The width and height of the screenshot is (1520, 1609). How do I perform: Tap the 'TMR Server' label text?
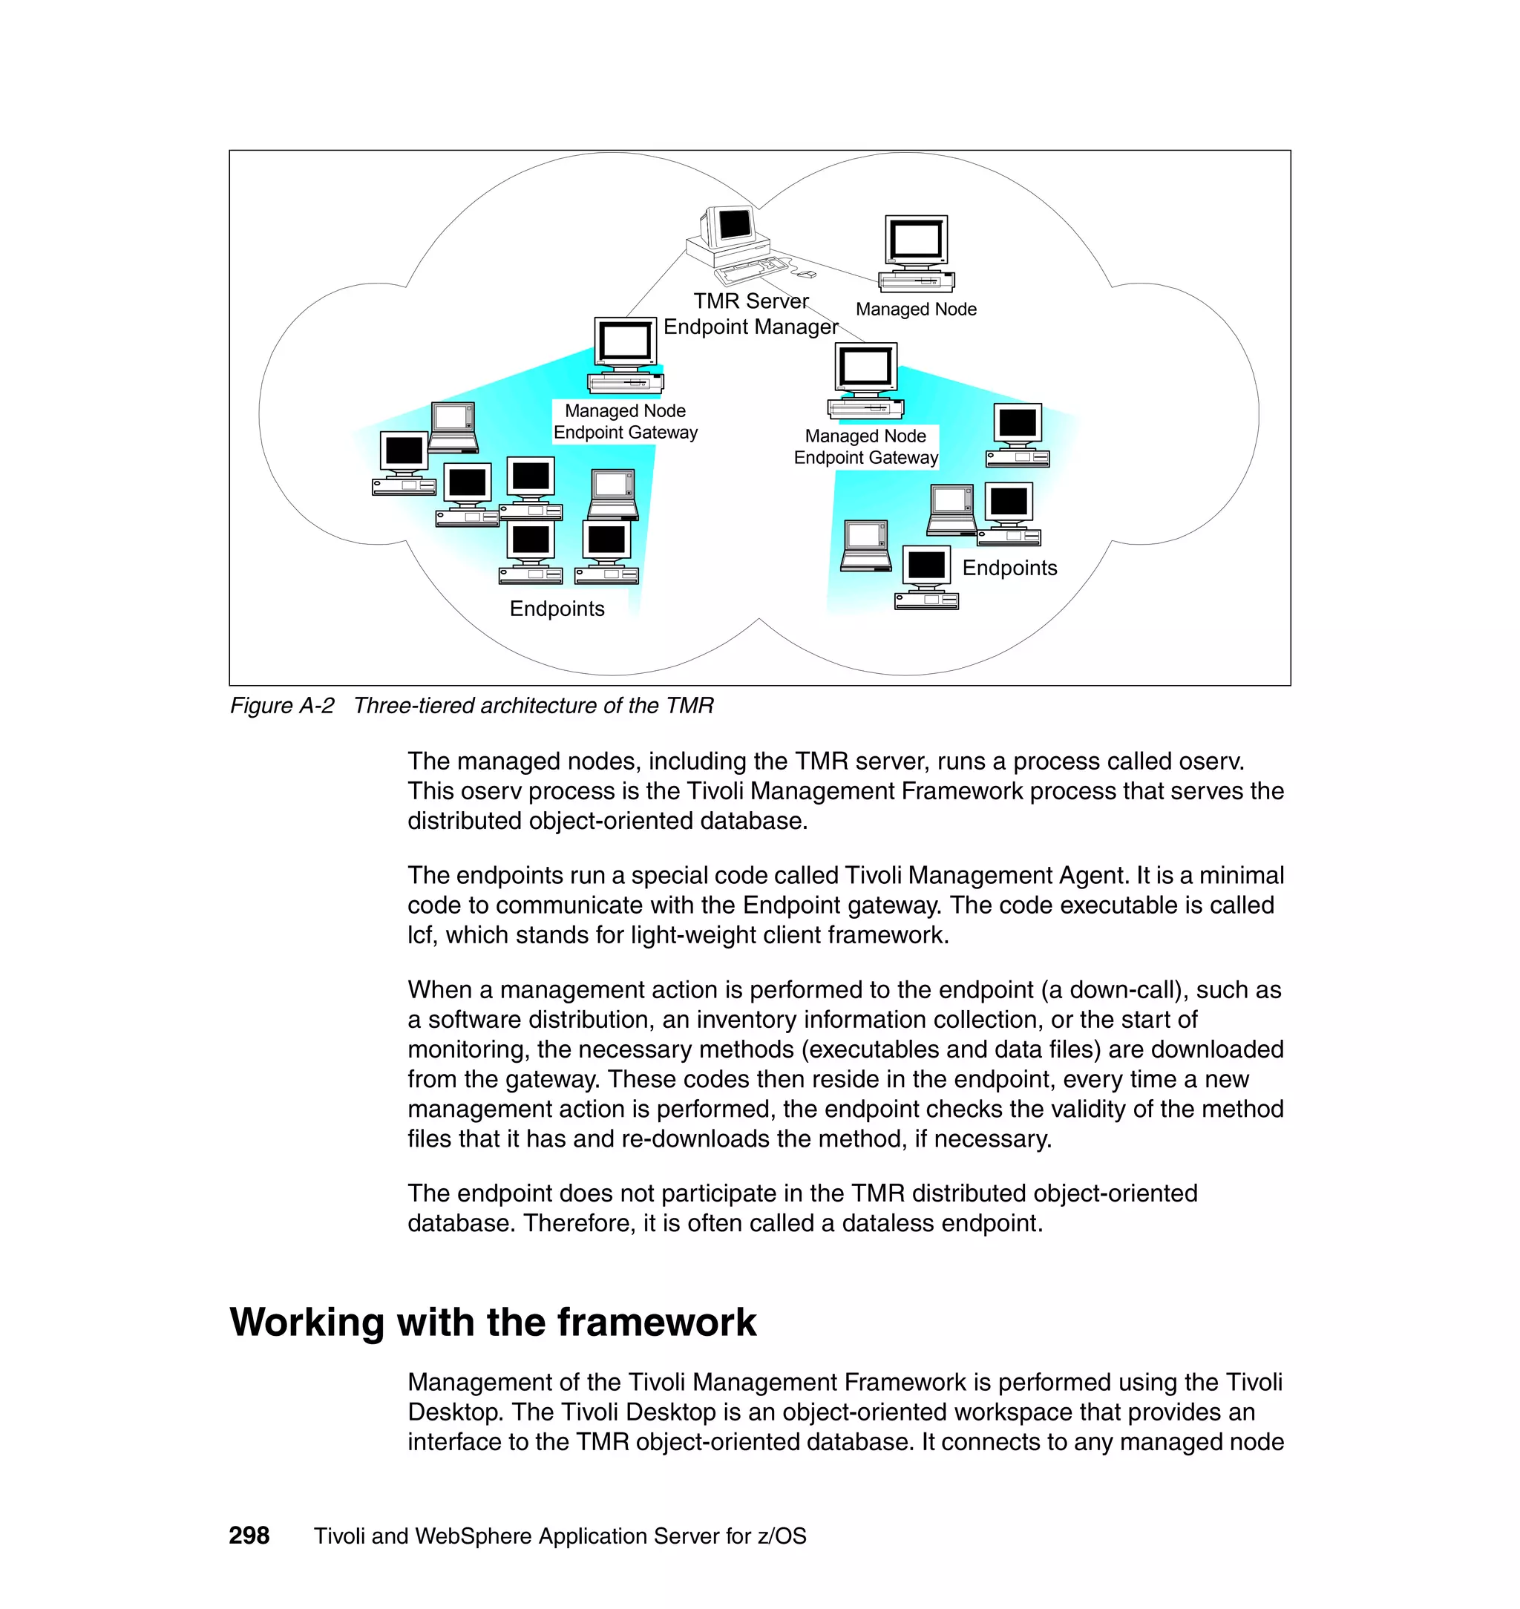[750, 301]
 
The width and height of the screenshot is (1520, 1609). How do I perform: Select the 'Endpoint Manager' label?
[750, 327]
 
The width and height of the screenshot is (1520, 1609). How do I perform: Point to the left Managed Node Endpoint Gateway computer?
[625, 355]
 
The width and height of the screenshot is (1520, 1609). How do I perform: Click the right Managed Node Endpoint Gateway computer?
[865, 380]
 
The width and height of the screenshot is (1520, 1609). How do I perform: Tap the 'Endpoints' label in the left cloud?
[557, 609]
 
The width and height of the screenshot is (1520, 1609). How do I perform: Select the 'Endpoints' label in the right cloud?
[1009, 568]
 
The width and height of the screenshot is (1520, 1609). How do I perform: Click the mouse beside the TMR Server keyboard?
[806, 275]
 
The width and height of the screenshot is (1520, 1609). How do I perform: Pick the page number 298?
[249, 1536]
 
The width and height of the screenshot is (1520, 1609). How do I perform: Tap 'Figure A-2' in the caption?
[281, 706]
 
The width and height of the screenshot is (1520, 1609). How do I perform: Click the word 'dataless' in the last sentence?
[889, 1222]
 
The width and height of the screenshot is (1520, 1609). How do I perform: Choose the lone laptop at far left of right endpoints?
[865, 545]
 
